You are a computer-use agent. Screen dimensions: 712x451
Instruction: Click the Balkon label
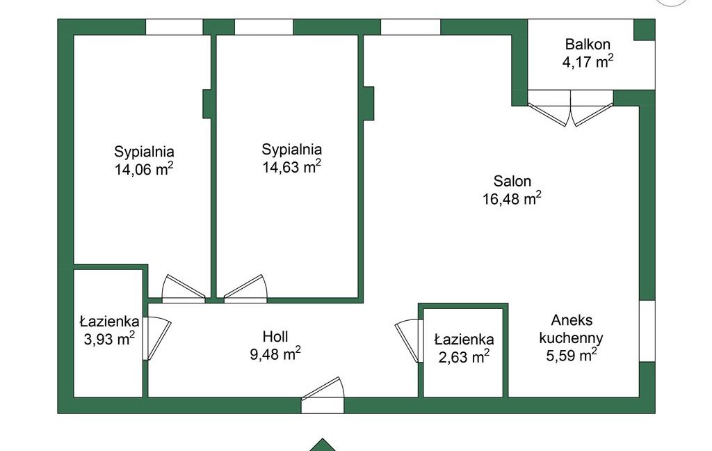tap(588, 45)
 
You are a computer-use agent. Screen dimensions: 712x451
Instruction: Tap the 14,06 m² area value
tap(144, 168)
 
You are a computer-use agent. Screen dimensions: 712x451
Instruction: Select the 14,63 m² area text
tap(291, 166)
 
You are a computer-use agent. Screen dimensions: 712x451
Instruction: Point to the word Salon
tap(512, 182)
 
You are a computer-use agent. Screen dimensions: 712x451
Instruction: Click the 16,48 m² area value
tap(512, 198)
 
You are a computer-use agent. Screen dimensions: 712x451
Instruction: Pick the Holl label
tap(275, 336)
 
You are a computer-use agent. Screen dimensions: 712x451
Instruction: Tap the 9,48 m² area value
tap(275, 354)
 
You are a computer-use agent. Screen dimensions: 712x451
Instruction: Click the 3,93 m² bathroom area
tap(109, 338)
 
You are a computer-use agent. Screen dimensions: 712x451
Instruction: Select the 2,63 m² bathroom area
tap(464, 356)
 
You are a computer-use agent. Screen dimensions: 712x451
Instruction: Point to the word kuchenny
tap(572, 338)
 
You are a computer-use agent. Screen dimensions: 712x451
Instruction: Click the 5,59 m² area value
tap(572, 355)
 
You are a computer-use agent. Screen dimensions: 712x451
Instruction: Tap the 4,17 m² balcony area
tap(588, 61)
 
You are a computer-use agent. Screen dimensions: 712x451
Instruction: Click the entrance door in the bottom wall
tap(323, 395)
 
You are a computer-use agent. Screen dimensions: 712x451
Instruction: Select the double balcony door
tap(570, 108)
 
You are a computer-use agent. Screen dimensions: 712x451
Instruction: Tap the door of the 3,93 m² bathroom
tap(156, 338)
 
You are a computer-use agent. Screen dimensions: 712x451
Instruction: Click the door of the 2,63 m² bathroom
tap(409, 341)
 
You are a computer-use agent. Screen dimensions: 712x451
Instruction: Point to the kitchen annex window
tap(647, 331)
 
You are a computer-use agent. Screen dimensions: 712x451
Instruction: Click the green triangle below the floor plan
tap(323, 445)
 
